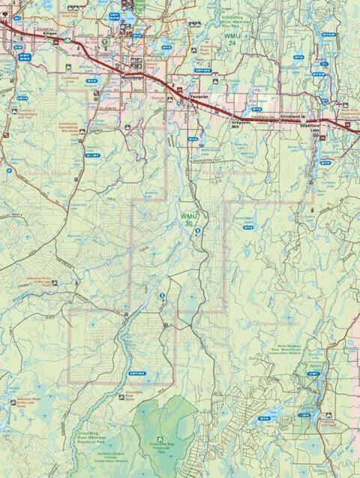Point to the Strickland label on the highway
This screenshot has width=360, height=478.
click(x=293, y=118)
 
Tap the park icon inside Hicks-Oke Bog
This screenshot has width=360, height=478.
click(x=159, y=440)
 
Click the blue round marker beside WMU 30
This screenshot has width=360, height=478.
click(x=197, y=233)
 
